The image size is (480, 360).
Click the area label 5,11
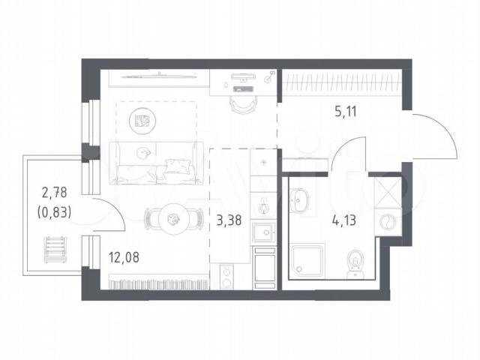pyautogui.click(x=346, y=112)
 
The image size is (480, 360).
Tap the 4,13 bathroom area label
pyautogui.click(x=343, y=220)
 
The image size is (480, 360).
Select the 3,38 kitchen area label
pyautogui.click(x=229, y=220)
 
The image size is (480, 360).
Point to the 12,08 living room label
pyautogui.click(x=124, y=257)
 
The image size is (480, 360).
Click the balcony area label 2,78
pyautogui.click(x=54, y=193)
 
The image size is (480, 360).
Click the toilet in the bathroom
pyautogui.click(x=355, y=264)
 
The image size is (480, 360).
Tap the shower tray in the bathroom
pyautogui.click(x=307, y=260)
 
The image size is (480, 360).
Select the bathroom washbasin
pyautogui.click(x=298, y=200)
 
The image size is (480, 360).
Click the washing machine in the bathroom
pyautogui.click(x=388, y=222)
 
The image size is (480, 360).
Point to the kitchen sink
pyautogui.click(x=263, y=232)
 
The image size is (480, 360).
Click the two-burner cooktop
pyautogui.click(x=226, y=277)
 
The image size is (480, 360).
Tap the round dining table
pyautogui.click(x=173, y=219)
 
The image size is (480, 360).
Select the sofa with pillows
pyautogui.click(x=157, y=163)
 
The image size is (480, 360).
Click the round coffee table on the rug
pyautogui.click(x=142, y=121)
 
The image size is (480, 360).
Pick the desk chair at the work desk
pyautogui.click(x=243, y=103)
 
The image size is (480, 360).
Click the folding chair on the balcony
pyautogui.click(x=55, y=250)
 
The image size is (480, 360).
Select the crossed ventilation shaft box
pyautogui.click(x=388, y=193)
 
